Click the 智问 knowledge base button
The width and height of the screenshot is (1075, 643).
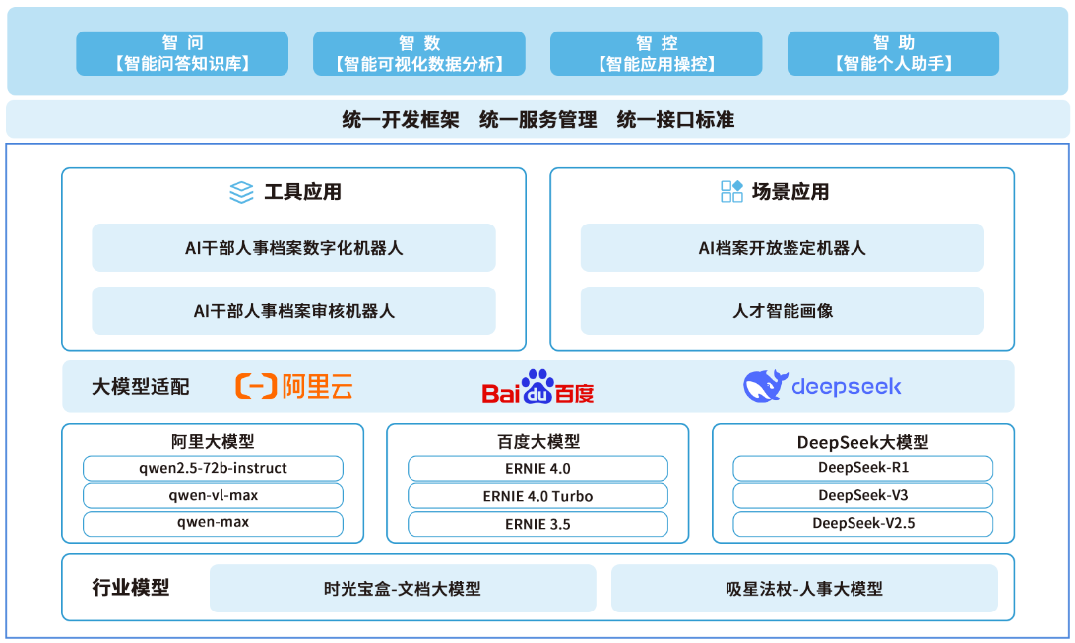[x=182, y=53]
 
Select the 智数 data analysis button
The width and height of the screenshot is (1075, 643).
[x=419, y=53]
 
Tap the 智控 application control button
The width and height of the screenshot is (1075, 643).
[x=656, y=53]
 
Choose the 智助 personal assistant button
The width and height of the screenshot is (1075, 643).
[x=893, y=53]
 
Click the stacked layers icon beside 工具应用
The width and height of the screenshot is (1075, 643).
[x=241, y=192]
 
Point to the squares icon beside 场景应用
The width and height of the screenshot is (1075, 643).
[x=731, y=191]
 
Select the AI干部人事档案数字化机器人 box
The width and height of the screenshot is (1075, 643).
[x=293, y=247]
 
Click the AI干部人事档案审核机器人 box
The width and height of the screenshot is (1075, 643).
[x=293, y=310]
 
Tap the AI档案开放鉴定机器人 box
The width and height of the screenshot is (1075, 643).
[x=783, y=247]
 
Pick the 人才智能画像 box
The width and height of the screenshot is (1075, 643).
[x=783, y=310]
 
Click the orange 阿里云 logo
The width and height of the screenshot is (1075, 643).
[x=294, y=387]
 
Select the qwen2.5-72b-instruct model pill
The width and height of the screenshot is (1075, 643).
[x=214, y=468]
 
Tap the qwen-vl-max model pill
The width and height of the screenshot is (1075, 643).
[x=214, y=495]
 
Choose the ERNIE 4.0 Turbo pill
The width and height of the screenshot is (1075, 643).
[x=538, y=496]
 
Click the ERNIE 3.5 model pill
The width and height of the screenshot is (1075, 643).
[x=538, y=524]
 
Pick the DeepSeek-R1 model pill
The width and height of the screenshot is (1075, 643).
[x=863, y=468]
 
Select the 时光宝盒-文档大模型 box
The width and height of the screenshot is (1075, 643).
[x=403, y=588]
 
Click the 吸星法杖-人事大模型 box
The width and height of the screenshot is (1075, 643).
[x=804, y=588]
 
